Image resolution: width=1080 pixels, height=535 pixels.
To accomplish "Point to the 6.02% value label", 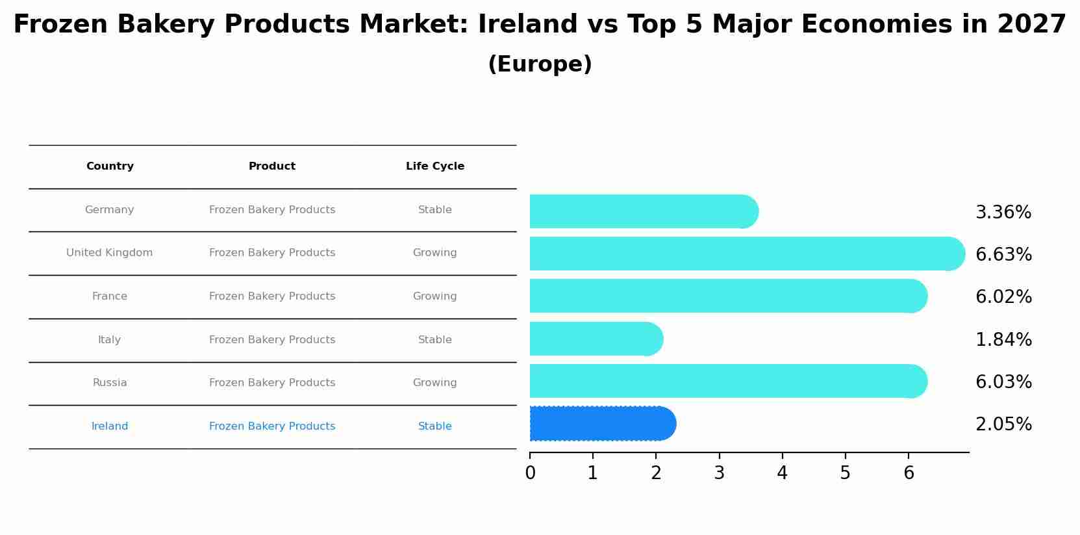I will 1003,297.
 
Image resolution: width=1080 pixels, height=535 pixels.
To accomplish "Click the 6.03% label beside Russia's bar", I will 1003,382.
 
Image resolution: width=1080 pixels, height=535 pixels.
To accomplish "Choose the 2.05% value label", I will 1003,424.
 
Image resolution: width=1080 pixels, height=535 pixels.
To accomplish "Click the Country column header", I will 110,166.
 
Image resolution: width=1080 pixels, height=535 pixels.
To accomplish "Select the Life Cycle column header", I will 434,166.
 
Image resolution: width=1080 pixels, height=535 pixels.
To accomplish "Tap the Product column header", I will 272,166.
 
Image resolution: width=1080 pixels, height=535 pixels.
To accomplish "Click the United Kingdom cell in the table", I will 110,253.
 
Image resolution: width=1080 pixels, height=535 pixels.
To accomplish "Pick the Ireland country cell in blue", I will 110,426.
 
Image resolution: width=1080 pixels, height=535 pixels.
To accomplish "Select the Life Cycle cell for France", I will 434,296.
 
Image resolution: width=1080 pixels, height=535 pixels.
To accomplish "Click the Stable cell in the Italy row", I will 434,340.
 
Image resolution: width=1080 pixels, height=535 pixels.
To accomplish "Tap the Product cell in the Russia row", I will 272,383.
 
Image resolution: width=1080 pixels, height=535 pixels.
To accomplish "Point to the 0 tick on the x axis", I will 530,473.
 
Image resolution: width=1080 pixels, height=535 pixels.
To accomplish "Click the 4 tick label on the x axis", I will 782,473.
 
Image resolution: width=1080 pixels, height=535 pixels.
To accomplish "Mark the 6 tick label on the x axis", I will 909,473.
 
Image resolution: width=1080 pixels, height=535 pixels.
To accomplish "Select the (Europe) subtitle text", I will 540,64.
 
